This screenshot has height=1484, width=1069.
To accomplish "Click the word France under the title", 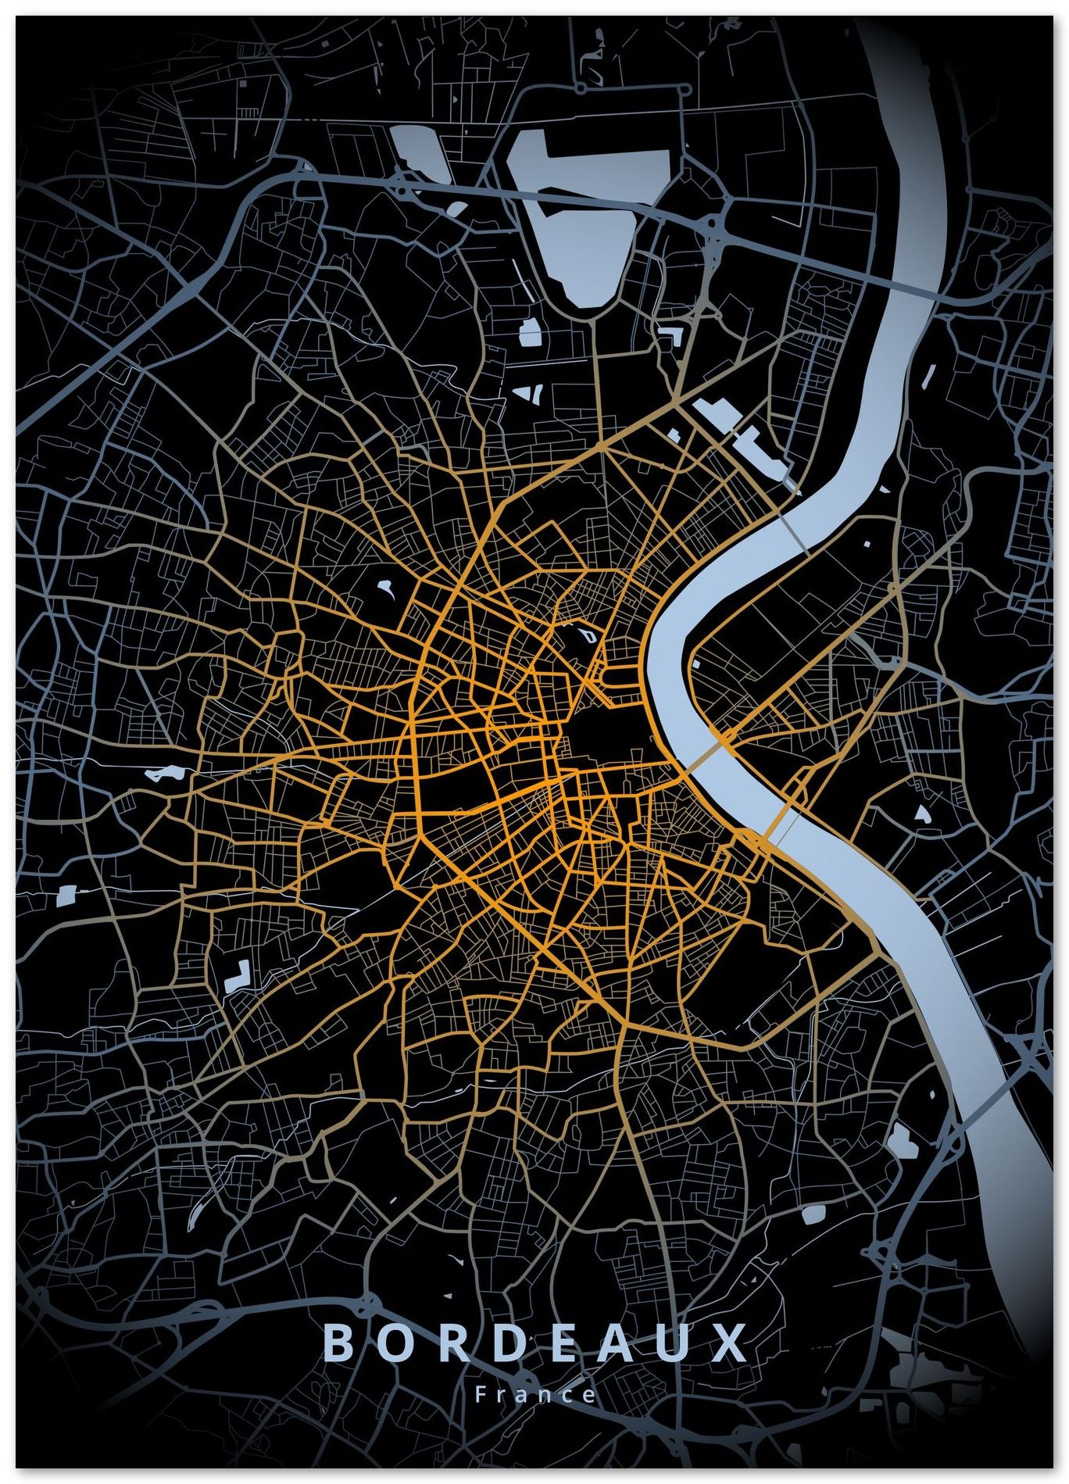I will [x=535, y=1394].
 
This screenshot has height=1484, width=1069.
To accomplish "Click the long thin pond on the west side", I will [x=164, y=774].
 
